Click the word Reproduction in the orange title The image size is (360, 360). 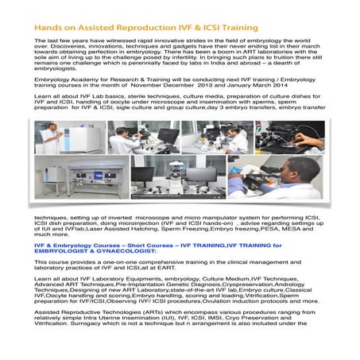[126, 28]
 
